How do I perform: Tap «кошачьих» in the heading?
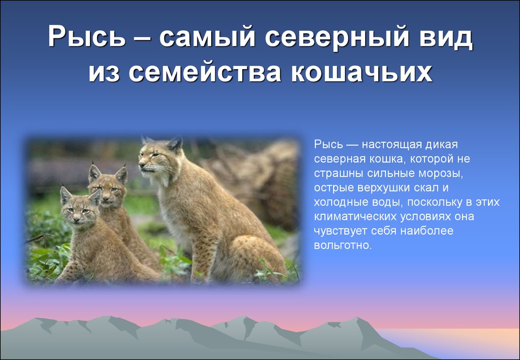pyautogui.click(x=362, y=73)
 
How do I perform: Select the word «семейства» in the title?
pyautogui.click(x=205, y=73)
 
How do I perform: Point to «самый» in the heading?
pyautogui.click(x=207, y=37)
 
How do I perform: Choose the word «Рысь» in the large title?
pyautogui.click(x=87, y=37)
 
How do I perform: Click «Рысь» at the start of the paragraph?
pyautogui.click(x=328, y=145)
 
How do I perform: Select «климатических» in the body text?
pyautogui.click(x=355, y=217)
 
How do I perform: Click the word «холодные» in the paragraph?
pyautogui.click(x=342, y=202)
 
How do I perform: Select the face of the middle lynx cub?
pyautogui.click(x=108, y=191)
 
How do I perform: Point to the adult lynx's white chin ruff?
pyautogui.click(x=163, y=179)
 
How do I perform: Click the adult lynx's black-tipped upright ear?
pyautogui.click(x=175, y=144)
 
